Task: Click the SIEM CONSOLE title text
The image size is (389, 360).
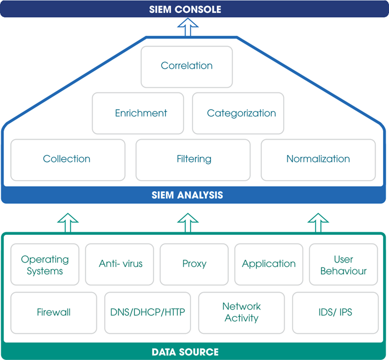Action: tap(185, 10)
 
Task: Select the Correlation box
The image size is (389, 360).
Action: tap(187, 67)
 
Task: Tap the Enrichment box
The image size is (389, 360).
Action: tap(138, 113)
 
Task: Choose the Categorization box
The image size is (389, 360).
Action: tap(238, 113)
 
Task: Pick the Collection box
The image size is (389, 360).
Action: tap(68, 160)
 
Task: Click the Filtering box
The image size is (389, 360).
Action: tap(193, 160)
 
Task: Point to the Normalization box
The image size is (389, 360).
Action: tap(318, 160)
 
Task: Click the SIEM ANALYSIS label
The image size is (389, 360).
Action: tap(187, 195)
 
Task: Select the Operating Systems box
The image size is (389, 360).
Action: tap(45, 264)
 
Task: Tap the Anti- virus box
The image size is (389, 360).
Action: tap(119, 264)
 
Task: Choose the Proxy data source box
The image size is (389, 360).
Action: tap(194, 264)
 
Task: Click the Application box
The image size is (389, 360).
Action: tap(269, 264)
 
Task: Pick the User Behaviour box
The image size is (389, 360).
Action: tap(344, 264)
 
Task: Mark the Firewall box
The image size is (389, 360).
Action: tap(54, 313)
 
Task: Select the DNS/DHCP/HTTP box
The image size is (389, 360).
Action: tap(148, 313)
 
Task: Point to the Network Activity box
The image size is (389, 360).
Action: tap(242, 313)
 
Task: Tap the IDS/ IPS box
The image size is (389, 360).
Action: tap(335, 313)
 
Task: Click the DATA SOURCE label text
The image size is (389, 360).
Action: tap(185, 352)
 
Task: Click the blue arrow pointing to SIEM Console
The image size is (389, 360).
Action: tap(188, 27)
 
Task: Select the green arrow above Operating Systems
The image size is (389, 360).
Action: tap(68, 223)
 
